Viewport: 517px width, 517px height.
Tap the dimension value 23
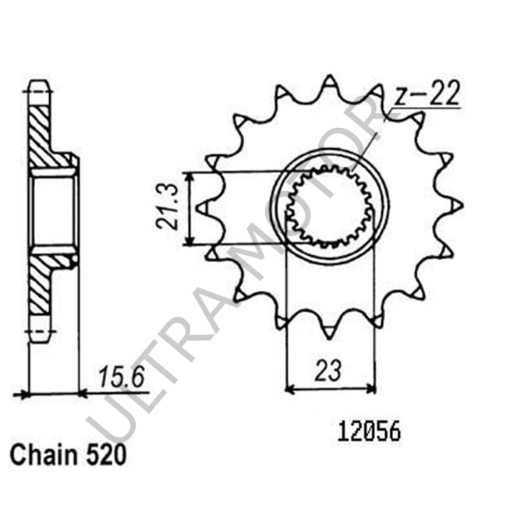[x=328, y=370]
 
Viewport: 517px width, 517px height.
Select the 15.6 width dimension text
[x=122, y=377]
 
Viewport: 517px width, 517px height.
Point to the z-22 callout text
[x=427, y=94]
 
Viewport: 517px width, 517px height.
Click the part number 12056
[x=369, y=432]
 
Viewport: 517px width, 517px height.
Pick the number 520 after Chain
[x=106, y=455]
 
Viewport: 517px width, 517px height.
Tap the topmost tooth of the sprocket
[x=329, y=83]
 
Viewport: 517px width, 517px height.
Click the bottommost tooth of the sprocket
[x=329, y=331]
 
